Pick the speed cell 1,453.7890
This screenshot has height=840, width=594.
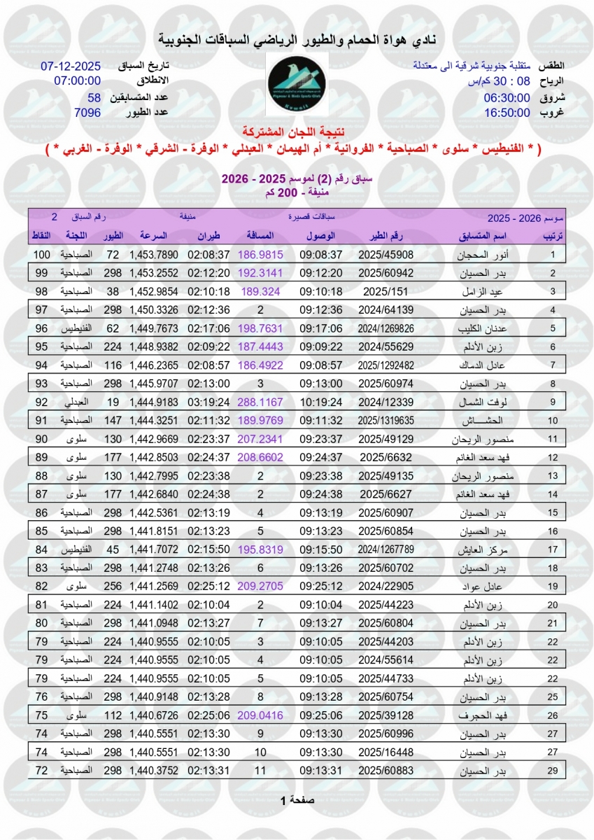coord(154,255)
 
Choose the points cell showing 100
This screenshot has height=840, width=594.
coord(41,255)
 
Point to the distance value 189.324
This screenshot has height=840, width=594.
coord(260,291)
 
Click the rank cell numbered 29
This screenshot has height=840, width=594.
coord(553,771)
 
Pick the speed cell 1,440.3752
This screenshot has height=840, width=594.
coord(154,771)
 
